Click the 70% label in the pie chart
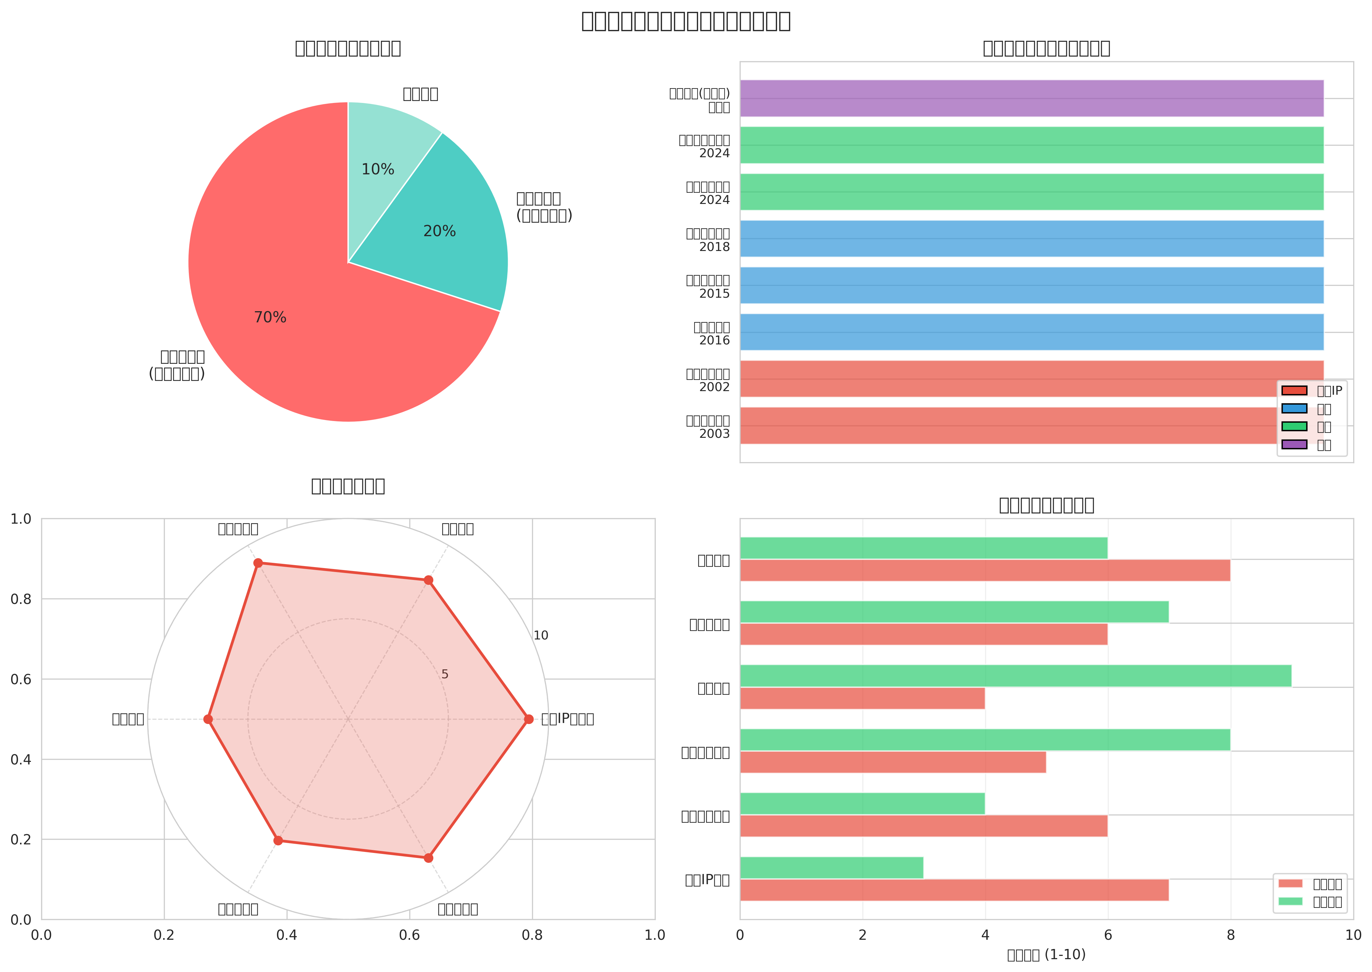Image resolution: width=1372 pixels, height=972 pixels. click(x=270, y=317)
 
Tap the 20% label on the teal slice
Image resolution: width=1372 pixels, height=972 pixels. click(x=439, y=231)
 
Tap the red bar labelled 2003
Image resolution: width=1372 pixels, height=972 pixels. click(x=1006, y=426)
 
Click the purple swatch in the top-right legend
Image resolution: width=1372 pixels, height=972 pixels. click(x=1294, y=444)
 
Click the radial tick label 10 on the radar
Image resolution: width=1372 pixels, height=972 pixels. click(x=541, y=636)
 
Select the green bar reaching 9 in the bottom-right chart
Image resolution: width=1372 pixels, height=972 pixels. click(x=1015, y=676)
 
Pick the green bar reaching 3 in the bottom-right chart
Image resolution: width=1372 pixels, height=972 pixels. click(x=831, y=867)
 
